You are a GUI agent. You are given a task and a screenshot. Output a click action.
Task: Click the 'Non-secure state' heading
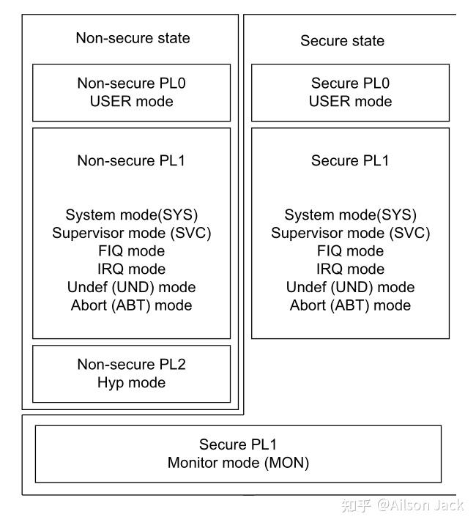click(133, 38)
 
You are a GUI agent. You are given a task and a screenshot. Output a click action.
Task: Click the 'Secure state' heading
click(342, 41)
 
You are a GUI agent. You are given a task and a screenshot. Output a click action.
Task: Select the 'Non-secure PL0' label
click(132, 83)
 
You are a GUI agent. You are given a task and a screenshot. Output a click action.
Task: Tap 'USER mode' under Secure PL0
click(350, 102)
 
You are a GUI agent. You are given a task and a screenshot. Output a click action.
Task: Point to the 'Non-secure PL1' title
click(132, 160)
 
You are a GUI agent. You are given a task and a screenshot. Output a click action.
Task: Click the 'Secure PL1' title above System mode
click(350, 160)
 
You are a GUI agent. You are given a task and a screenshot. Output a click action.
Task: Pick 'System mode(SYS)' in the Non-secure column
click(132, 215)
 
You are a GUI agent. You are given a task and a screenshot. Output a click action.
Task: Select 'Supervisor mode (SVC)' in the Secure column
click(350, 233)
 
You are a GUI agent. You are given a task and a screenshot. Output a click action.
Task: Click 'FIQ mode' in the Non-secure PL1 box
click(132, 250)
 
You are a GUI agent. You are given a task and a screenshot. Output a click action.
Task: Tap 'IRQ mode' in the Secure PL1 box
click(350, 269)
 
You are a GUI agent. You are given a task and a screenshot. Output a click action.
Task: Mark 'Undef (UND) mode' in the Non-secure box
click(132, 287)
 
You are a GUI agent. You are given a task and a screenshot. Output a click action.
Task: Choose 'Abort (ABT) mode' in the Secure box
click(350, 305)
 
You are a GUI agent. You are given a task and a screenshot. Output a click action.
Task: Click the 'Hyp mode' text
click(132, 382)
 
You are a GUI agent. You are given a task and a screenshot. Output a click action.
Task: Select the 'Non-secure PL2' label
click(132, 365)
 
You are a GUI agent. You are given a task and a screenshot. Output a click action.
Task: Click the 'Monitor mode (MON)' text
click(238, 463)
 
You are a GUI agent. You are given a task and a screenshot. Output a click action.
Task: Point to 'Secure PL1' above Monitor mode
click(238, 444)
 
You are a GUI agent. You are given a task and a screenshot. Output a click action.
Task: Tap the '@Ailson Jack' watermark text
click(420, 505)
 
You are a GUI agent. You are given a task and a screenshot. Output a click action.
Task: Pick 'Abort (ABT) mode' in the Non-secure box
click(132, 305)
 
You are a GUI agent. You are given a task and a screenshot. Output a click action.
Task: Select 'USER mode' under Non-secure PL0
click(132, 102)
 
